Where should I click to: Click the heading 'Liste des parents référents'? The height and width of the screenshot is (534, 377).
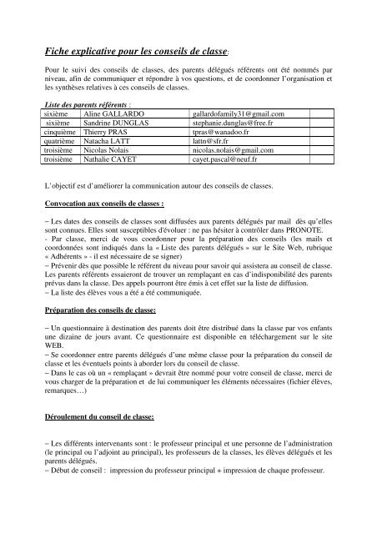click(x=88, y=103)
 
